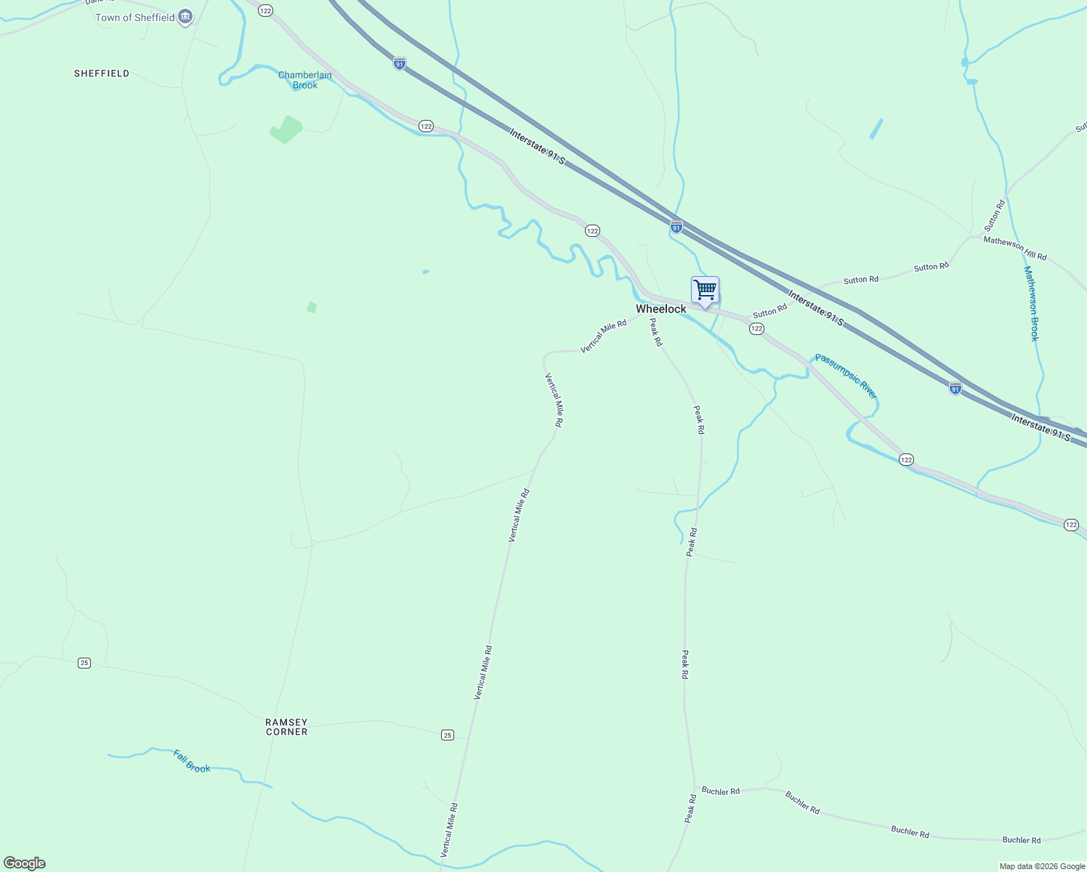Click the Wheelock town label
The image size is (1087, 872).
coord(660,309)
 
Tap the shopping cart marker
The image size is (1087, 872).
coord(705,291)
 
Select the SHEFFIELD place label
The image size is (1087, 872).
coord(102,73)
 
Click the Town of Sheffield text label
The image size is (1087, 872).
coord(135,17)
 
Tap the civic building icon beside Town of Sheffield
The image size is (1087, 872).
coord(185,17)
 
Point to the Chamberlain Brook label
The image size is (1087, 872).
coord(305,80)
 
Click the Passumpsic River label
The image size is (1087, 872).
coord(846,376)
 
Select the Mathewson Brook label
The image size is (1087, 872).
coord(1031,304)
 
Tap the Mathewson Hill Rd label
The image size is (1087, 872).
coord(1015,248)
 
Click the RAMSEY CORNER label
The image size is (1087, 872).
coord(286,727)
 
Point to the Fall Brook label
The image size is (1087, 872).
coord(192,761)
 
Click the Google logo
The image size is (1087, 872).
coord(24,863)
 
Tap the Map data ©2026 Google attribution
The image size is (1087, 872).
coord(1042,866)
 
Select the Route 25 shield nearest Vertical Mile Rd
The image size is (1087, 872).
coord(448,735)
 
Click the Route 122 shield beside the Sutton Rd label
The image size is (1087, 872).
coord(756,329)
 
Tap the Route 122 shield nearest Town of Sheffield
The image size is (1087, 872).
coord(265,10)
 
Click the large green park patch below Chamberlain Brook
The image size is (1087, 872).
coord(286,129)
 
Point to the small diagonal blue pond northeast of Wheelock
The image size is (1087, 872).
coord(876,129)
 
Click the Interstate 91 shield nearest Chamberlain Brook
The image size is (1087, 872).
coord(400,63)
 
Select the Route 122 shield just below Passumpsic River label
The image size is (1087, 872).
coord(906,459)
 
